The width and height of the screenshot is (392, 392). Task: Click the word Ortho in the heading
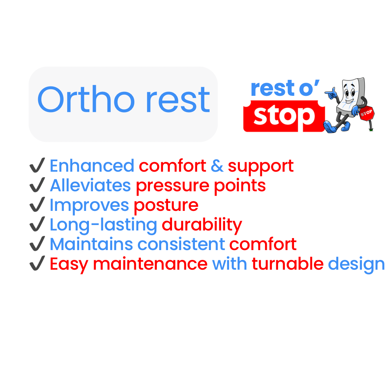coord(86,99)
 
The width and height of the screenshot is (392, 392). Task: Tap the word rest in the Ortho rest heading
coord(178,100)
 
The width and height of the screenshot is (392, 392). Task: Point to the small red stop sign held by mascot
coord(367,113)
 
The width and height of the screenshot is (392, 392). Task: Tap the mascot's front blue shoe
coord(330,127)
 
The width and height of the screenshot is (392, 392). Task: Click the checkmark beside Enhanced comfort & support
coord(37,165)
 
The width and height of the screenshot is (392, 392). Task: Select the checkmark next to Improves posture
coord(37,204)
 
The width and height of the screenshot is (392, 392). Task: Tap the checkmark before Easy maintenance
coord(37,263)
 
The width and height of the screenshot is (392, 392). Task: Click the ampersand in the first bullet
coord(217,166)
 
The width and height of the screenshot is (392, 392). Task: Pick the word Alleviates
coord(90,185)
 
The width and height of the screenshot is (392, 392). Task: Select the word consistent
coord(181,244)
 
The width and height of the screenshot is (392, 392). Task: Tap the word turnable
coord(287,264)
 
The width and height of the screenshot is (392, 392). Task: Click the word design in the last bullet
coord(356,265)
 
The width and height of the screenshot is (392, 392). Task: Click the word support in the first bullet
coord(261,167)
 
